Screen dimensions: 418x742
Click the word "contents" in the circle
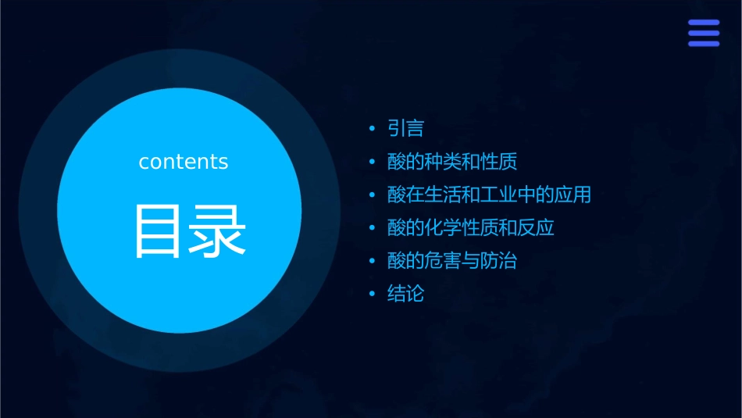tap(184, 162)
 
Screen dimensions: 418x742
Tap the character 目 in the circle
tap(159, 231)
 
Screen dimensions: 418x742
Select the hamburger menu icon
tap(703, 34)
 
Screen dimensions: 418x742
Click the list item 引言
tap(405, 128)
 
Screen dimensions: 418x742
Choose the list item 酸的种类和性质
tap(452, 162)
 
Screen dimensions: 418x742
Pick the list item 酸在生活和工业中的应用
tap(489, 195)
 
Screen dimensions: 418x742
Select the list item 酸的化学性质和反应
tap(471, 228)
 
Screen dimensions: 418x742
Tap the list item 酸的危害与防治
tap(452, 261)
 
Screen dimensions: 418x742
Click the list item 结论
tap(405, 295)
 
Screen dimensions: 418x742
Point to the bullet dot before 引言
tap(373, 129)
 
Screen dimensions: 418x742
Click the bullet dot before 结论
tap(373, 295)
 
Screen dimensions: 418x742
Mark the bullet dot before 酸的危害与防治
tap(373, 262)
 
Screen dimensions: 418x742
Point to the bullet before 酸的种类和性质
tap(373, 163)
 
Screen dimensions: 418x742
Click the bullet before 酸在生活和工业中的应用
tap(373, 195)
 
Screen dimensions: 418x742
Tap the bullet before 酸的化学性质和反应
tap(373, 229)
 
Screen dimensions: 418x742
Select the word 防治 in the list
tap(498, 261)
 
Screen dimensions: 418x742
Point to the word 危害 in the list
tap(443, 261)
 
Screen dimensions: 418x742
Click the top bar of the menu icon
tap(703, 23)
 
